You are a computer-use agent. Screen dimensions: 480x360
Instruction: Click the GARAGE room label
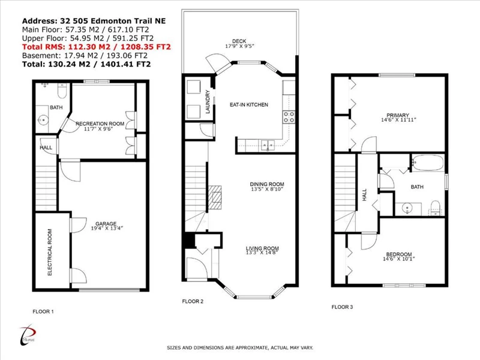(x=106, y=224)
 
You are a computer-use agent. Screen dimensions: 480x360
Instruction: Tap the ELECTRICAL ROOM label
(x=50, y=252)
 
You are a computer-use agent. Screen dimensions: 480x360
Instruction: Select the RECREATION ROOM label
(x=100, y=124)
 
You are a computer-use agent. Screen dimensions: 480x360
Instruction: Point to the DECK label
(x=239, y=41)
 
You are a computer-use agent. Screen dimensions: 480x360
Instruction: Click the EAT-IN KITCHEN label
(x=249, y=104)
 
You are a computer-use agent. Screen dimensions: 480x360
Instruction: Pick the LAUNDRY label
(x=208, y=101)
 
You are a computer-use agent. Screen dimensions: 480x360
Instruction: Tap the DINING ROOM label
(x=267, y=184)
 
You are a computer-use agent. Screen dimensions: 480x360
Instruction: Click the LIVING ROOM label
(x=262, y=248)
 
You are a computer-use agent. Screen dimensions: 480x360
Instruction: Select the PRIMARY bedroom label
(x=398, y=115)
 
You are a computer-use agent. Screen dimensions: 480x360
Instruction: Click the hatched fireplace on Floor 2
(x=215, y=197)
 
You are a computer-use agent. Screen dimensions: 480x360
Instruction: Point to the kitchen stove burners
(x=289, y=116)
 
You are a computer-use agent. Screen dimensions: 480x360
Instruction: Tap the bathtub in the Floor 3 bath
(x=428, y=163)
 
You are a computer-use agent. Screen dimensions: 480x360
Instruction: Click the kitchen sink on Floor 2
(x=268, y=145)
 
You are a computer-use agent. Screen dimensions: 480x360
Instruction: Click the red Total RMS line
(x=97, y=47)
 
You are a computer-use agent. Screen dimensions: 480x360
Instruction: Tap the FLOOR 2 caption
(x=193, y=301)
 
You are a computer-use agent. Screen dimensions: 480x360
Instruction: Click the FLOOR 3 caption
(x=342, y=307)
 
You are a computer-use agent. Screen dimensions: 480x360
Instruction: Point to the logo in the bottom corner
(x=28, y=335)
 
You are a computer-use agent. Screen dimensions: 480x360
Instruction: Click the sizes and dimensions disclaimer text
(x=240, y=348)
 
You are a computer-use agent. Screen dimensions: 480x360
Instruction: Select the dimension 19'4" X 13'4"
(x=107, y=229)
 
